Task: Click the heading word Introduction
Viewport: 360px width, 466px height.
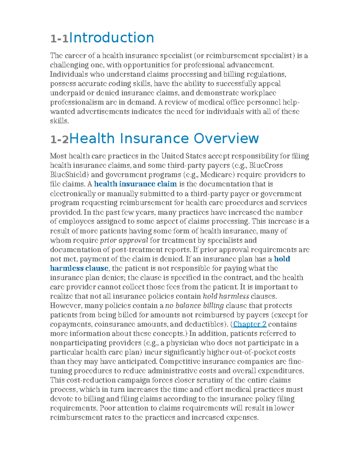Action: [112, 38]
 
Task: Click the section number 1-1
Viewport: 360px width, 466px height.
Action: [59, 38]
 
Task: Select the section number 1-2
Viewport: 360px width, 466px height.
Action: [59, 139]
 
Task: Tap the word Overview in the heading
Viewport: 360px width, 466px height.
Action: [226, 139]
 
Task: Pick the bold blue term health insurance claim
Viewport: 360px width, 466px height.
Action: [135, 184]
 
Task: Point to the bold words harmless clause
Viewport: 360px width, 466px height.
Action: [79, 268]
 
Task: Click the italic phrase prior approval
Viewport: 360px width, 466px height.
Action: [124, 240]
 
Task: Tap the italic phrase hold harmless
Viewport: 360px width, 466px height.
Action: [226, 296]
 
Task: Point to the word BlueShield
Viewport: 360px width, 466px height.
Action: [69, 175]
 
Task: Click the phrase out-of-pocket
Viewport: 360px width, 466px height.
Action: [259, 352]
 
